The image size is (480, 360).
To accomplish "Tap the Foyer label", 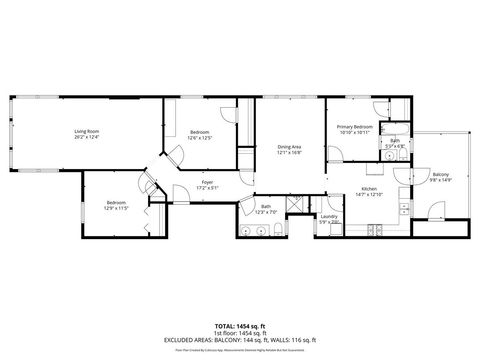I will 207,182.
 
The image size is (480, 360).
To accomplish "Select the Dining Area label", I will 290,147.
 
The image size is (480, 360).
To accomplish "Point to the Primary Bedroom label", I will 355,127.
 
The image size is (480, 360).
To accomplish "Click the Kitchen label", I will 369,189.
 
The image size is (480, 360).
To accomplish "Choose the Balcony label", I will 441,175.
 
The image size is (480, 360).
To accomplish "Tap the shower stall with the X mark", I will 296,203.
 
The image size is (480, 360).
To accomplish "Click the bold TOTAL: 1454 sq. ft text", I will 239,326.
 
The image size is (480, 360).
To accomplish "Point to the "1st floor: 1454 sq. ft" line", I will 239,333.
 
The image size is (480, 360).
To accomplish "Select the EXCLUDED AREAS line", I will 239,340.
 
